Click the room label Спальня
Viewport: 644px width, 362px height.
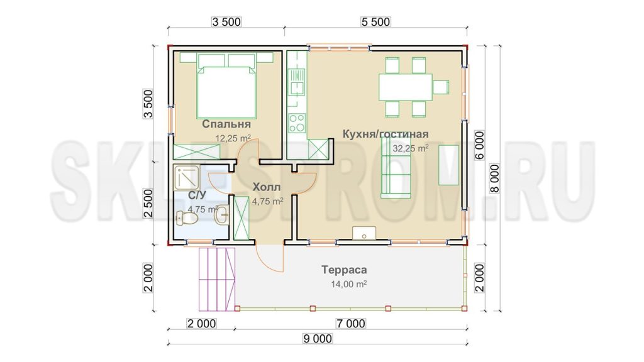click(x=226, y=124)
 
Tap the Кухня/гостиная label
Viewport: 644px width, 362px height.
click(x=386, y=134)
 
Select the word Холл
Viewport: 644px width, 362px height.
click(x=267, y=187)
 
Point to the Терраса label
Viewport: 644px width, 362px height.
click(x=344, y=270)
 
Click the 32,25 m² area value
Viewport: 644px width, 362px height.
click(x=410, y=148)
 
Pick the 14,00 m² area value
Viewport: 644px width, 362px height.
click(x=348, y=283)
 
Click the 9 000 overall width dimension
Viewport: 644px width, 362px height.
click(x=318, y=339)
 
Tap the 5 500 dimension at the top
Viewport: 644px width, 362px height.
click(x=375, y=22)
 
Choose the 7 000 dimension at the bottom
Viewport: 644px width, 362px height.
click(x=350, y=324)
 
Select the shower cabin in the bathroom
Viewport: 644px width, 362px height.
click(x=186, y=177)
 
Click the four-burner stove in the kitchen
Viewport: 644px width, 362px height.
click(x=297, y=123)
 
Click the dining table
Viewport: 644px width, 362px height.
click(x=406, y=87)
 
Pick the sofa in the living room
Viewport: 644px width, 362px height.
click(x=396, y=167)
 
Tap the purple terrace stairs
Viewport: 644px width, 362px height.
click(x=217, y=280)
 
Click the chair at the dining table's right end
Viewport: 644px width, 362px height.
click(x=440, y=87)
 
